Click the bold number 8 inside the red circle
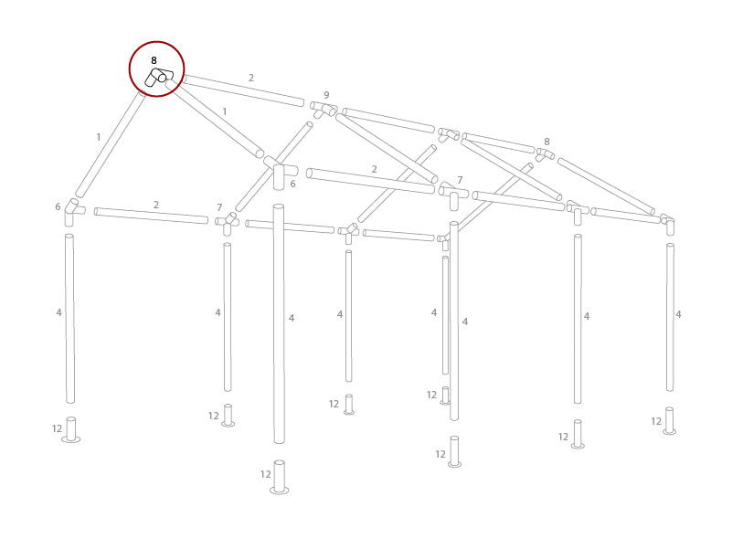click(x=154, y=60)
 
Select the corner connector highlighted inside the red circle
click(x=158, y=78)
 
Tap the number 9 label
click(x=326, y=95)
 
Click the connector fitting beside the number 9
click(x=324, y=110)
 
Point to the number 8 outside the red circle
click(x=546, y=142)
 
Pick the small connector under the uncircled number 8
click(x=545, y=154)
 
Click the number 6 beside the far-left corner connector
click(x=58, y=207)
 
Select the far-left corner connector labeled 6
click(x=71, y=211)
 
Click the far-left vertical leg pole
click(x=69, y=318)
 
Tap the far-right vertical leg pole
click(x=670, y=316)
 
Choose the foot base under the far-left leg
click(x=70, y=430)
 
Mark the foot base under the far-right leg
click(x=669, y=421)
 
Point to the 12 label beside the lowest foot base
click(x=266, y=474)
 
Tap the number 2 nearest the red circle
click(x=251, y=79)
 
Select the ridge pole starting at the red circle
click(x=243, y=90)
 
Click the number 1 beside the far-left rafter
click(x=99, y=138)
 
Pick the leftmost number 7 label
click(x=219, y=208)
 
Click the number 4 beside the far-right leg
click(x=678, y=314)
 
